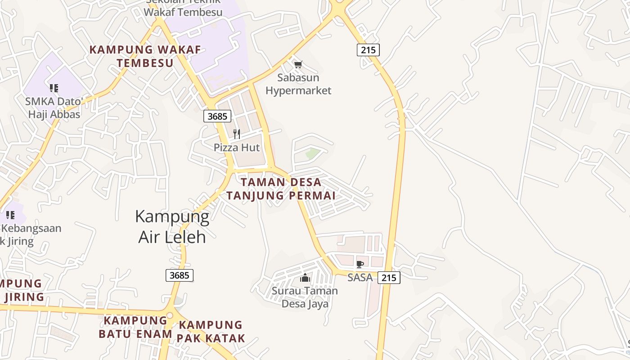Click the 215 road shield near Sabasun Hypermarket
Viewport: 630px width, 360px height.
[368, 49]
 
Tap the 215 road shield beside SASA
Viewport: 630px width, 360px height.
[388, 278]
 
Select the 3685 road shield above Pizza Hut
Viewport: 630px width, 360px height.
[217, 116]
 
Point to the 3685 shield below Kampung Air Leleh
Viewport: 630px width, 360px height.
[180, 275]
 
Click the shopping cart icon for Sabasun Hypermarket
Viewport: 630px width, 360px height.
[298, 65]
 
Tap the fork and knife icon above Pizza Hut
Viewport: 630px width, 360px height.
[237, 134]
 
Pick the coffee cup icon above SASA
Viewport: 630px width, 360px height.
[360, 264]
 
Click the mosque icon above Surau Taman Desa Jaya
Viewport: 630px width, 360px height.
[305, 278]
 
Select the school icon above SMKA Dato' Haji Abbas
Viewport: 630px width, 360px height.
[54, 88]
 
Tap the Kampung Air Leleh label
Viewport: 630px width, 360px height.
[172, 226]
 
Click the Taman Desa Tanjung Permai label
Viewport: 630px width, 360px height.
[281, 189]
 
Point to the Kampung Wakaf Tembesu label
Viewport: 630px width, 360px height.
[145, 56]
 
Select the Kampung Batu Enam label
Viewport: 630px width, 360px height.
[135, 327]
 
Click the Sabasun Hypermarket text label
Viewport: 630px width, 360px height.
[298, 84]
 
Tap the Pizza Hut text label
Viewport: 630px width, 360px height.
[237, 148]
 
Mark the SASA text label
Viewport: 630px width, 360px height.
[360, 278]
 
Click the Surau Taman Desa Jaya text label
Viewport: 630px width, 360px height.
[305, 297]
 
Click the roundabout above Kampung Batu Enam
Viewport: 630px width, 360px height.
[169, 316]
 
